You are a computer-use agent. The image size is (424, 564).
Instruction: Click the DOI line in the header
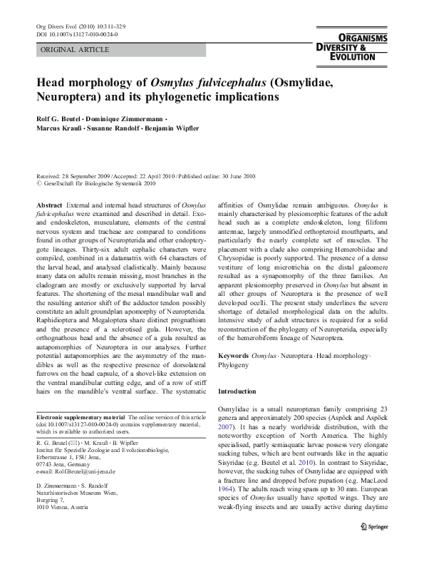[76, 34]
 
